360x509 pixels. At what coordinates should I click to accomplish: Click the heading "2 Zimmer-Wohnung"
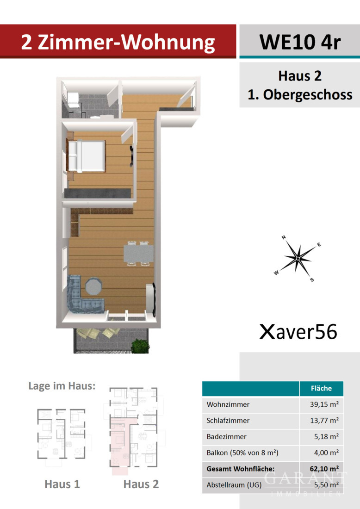click(118, 43)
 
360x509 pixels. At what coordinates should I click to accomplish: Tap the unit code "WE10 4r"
click(300, 42)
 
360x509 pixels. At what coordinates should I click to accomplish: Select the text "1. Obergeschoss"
click(300, 95)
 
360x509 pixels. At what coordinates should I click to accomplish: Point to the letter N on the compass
click(284, 238)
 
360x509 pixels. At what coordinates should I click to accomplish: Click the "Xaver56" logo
click(298, 332)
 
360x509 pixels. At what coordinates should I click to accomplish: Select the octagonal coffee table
click(94, 286)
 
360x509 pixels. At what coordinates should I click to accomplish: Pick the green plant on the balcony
click(140, 345)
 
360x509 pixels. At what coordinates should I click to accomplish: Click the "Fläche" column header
click(322, 388)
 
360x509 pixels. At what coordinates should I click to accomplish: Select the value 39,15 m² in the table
click(324, 404)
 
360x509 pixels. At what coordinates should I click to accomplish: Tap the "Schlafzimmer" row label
click(228, 421)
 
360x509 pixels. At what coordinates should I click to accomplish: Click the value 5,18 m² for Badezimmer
click(326, 437)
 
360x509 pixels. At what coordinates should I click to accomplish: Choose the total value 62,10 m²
click(324, 469)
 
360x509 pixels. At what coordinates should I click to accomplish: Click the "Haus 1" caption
click(62, 484)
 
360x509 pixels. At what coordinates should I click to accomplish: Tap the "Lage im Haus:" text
click(62, 386)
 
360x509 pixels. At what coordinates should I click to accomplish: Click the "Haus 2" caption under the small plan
click(141, 484)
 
